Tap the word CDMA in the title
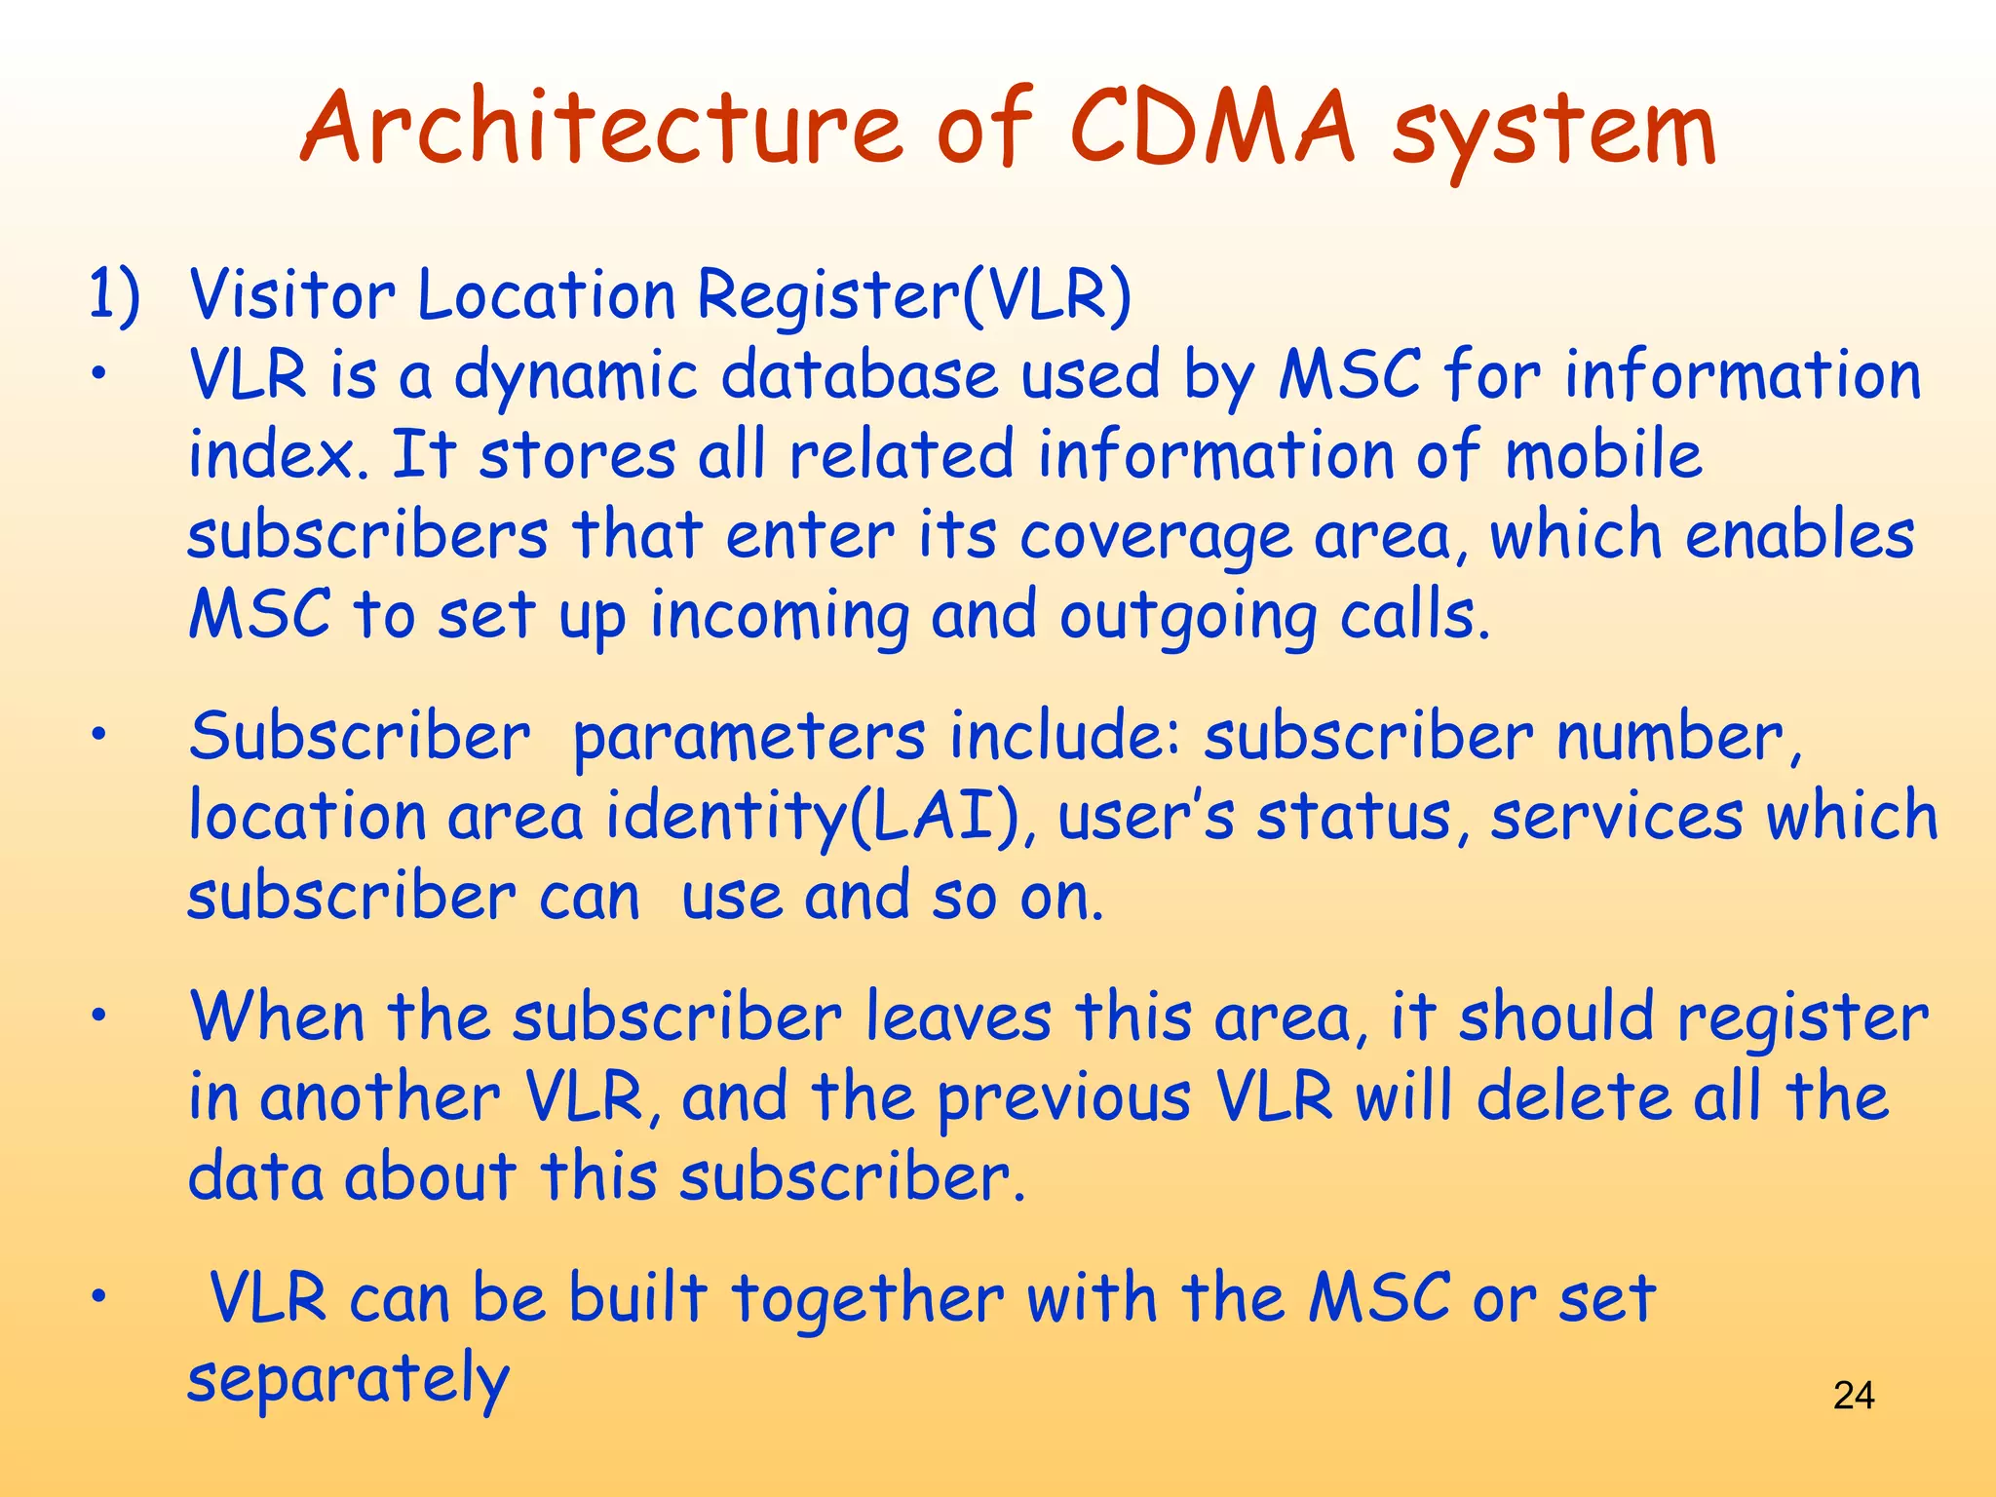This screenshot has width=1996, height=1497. [1211, 130]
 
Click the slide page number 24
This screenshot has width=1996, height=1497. [1853, 1396]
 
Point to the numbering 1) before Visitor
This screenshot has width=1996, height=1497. [114, 294]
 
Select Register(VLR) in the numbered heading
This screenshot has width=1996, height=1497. [914, 294]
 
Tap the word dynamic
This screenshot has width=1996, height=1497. [576, 377]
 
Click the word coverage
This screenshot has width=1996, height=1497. [1155, 538]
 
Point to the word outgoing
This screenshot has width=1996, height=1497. [1188, 619]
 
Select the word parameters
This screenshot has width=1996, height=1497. [748, 738]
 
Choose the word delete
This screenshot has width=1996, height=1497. [1572, 1098]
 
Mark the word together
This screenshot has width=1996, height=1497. [867, 1301]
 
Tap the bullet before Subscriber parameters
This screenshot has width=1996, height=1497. [97, 738]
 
